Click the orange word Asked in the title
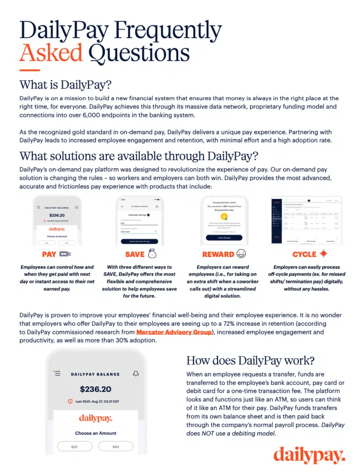click(51, 53)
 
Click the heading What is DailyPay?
click(66, 85)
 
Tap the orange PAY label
click(49, 255)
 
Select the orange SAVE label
click(135, 255)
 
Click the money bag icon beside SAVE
click(153, 254)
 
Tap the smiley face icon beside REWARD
click(241, 254)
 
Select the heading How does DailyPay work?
click(250, 361)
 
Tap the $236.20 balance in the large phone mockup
click(95, 389)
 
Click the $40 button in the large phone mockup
click(116, 447)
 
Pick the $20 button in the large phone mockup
click(74, 447)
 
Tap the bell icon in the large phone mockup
click(136, 374)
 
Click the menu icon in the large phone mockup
click(57, 374)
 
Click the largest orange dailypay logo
click(309, 454)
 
